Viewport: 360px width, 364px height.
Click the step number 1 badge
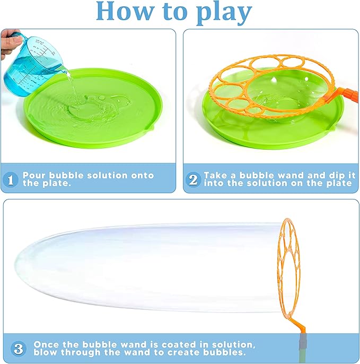tap(11, 179)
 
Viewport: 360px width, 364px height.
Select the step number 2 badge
tap(193, 179)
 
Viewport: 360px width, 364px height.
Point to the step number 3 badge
tap(18, 349)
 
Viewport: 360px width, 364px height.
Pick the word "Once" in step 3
tap(46, 344)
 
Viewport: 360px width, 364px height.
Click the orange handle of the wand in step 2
tap(350, 96)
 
